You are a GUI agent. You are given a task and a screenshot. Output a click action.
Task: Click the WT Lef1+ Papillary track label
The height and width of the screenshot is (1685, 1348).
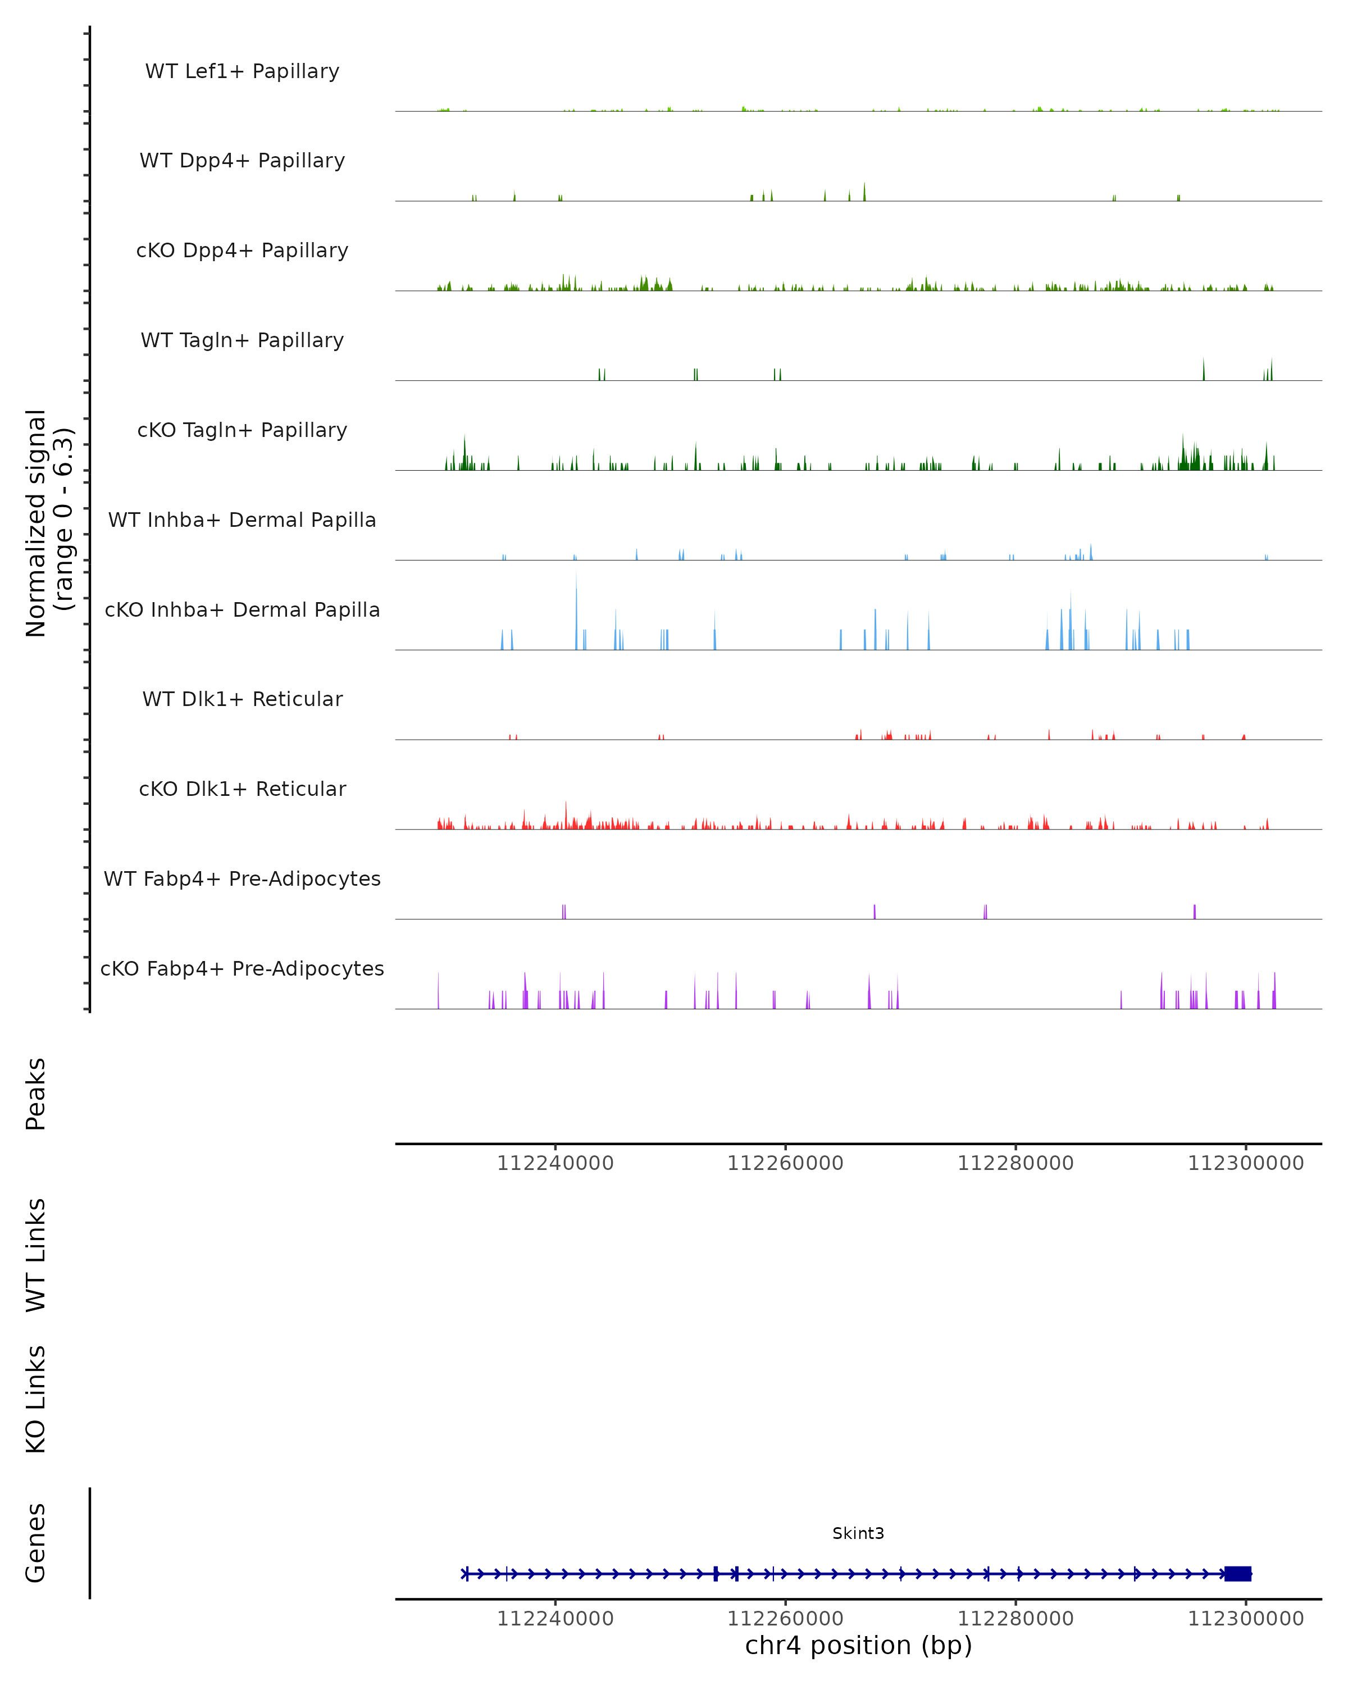coord(242,71)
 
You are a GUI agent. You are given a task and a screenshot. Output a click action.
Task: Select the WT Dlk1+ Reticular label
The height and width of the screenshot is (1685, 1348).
coord(242,699)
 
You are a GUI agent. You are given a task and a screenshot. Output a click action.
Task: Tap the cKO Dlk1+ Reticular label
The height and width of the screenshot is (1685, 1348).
coord(242,789)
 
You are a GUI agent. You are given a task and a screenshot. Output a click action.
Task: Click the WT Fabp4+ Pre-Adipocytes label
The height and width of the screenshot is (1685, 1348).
coord(242,878)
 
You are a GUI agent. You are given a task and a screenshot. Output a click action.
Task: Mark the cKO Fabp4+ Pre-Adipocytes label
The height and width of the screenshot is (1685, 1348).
coord(242,968)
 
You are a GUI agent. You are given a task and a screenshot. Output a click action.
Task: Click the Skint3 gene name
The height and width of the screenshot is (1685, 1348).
coord(858,1533)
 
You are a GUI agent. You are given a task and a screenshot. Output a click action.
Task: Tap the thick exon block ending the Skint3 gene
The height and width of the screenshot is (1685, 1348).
coord(1238,1574)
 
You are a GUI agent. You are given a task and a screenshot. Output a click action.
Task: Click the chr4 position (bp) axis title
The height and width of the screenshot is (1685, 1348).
coord(858,1646)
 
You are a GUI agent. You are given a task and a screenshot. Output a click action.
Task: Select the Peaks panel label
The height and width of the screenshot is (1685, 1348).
coord(36,1094)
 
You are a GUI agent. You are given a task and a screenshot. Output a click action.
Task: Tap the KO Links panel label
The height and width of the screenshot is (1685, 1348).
coord(36,1400)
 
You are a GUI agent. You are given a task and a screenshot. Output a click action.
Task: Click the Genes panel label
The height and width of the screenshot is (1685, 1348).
coord(36,1543)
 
